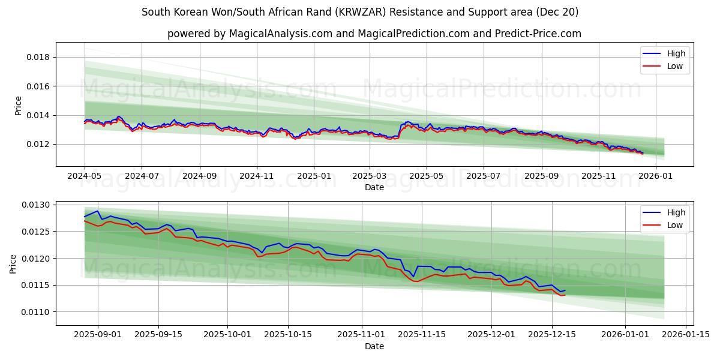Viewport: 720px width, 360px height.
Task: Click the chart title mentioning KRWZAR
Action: coord(360,12)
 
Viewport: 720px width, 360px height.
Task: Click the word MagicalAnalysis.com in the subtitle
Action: coord(281,34)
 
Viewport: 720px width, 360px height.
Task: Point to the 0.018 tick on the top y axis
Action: coord(37,58)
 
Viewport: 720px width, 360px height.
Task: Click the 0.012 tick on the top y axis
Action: coord(37,144)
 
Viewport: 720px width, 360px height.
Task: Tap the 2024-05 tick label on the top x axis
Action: coord(85,176)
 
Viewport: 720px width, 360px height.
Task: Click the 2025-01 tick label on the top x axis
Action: coord(314,176)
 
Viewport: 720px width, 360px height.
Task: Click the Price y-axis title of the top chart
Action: coord(18,105)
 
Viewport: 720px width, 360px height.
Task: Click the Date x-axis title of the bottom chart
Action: coord(374,346)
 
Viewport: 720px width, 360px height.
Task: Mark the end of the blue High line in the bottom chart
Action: coord(565,290)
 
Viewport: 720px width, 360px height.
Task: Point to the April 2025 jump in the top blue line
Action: coord(401,125)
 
